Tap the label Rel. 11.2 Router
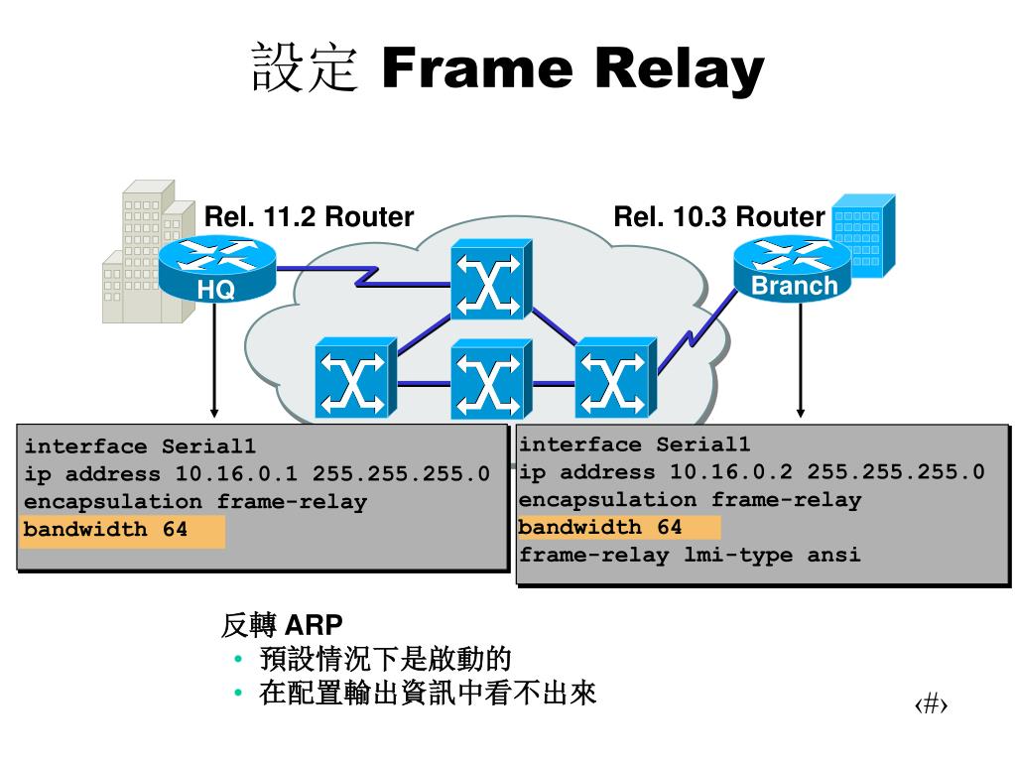(x=309, y=216)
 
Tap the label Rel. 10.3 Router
(x=719, y=216)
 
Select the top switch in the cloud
(x=491, y=279)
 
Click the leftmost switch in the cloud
(x=355, y=377)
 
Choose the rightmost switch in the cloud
(x=615, y=377)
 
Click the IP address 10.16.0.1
(x=236, y=473)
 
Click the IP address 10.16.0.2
(x=731, y=471)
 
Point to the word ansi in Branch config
(x=833, y=555)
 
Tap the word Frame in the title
(x=477, y=67)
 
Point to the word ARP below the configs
(x=314, y=625)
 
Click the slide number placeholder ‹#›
(x=931, y=703)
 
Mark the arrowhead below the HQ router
(x=214, y=413)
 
